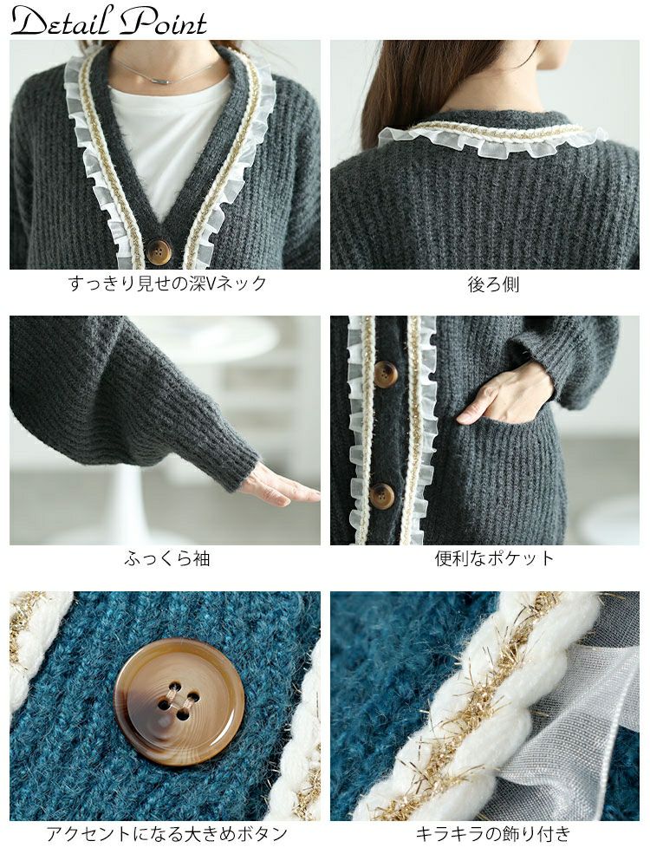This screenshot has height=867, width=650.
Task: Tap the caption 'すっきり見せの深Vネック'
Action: point(167,284)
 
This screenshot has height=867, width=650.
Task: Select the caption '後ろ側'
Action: point(493,284)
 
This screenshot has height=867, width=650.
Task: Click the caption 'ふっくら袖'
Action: point(167,558)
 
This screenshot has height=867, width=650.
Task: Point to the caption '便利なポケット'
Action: point(494,557)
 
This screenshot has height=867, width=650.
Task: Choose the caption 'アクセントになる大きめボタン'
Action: point(166,833)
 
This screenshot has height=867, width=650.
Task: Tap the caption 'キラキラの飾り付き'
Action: point(492,833)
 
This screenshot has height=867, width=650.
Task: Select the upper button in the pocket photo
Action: point(385,375)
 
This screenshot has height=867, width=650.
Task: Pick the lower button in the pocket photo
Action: point(382,494)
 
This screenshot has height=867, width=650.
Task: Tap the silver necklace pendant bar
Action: point(164,81)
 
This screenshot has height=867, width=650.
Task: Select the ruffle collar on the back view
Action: point(492,137)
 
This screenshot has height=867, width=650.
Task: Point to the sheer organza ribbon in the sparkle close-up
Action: point(575,719)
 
